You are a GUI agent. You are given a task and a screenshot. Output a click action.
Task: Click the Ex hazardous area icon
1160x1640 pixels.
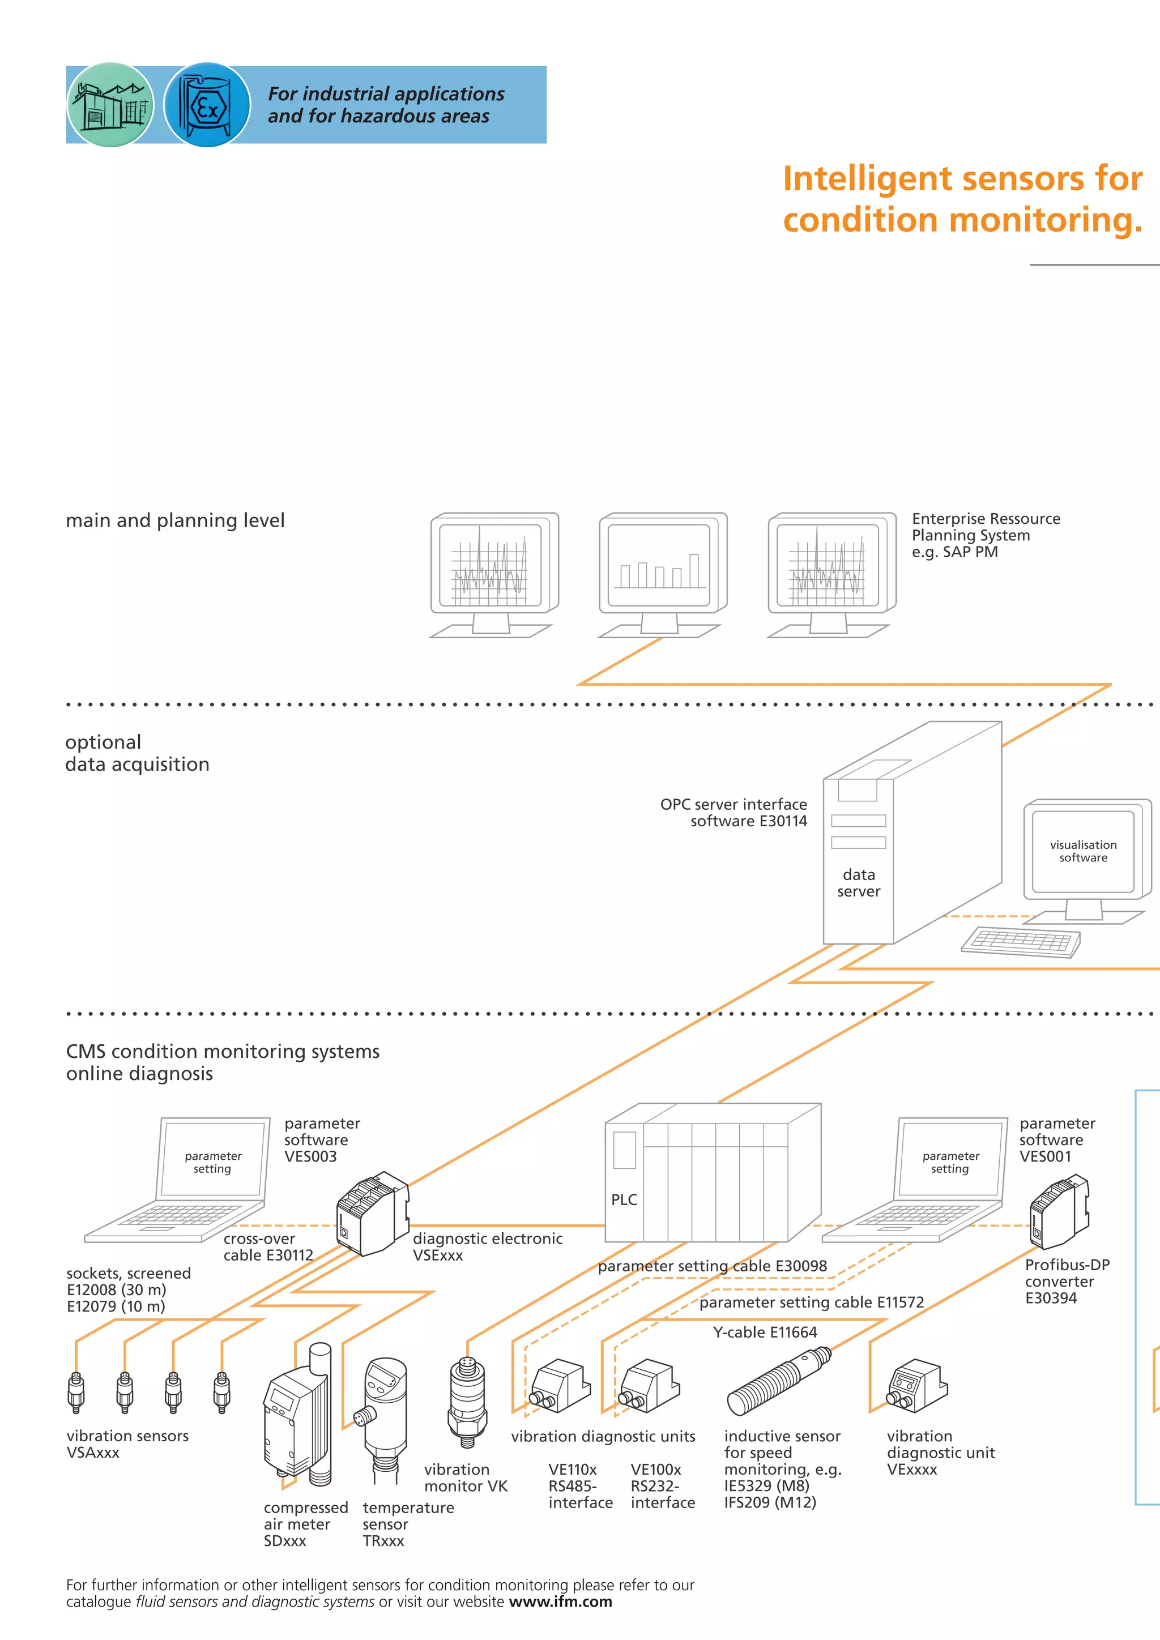[x=207, y=105]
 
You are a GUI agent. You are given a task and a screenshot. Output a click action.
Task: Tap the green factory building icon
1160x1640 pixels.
[x=110, y=105]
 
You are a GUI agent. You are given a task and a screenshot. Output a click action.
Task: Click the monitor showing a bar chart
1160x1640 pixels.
[x=662, y=564]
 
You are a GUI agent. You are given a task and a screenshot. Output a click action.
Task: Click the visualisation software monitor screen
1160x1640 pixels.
[x=1083, y=851]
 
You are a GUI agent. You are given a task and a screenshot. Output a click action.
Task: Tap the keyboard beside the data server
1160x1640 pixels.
[x=1021, y=941]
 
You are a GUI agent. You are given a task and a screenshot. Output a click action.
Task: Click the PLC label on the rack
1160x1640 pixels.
[x=624, y=1199]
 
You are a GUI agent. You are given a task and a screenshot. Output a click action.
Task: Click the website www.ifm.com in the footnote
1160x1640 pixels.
[x=560, y=1601]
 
